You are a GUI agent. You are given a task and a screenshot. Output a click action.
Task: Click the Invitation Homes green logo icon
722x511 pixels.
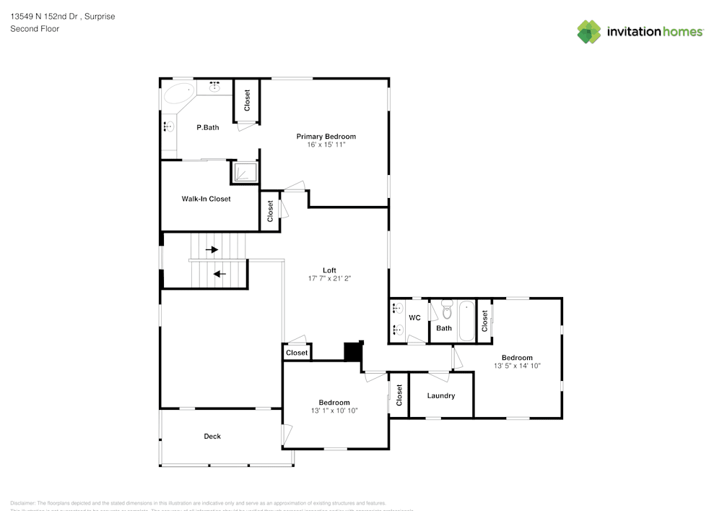pos(589,32)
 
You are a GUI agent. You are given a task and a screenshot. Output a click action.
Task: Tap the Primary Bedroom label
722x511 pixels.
pos(326,137)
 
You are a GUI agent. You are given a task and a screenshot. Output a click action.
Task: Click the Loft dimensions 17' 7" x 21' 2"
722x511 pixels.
pos(329,278)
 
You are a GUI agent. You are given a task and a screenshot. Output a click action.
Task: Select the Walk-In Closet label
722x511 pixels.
pos(206,199)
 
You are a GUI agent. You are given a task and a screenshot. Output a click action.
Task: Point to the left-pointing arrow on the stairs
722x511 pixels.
pos(219,274)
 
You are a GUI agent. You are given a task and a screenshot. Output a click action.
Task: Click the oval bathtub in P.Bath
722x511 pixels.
pos(178,93)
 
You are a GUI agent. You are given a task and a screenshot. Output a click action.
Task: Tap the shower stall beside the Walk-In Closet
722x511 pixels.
pos(244,172)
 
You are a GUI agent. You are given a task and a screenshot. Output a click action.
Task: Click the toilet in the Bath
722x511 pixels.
pos(445,312)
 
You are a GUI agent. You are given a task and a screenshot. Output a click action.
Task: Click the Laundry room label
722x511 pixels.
pos(440,396)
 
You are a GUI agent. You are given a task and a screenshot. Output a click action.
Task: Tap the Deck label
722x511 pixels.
pos(212,437)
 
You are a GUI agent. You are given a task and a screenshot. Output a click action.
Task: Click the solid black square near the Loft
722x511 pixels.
pos(353,351)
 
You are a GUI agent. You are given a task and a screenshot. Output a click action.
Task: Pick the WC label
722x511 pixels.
pos(414,318)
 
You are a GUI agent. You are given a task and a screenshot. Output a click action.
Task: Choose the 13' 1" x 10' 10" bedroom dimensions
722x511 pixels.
pos(334,411)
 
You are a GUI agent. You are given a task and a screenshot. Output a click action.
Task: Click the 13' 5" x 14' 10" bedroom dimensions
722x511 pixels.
pos(517,366)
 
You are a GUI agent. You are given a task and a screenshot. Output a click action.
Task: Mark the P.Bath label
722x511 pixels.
pos(208,128)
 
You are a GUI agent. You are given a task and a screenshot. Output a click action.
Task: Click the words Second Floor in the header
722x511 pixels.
pos(35,29)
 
